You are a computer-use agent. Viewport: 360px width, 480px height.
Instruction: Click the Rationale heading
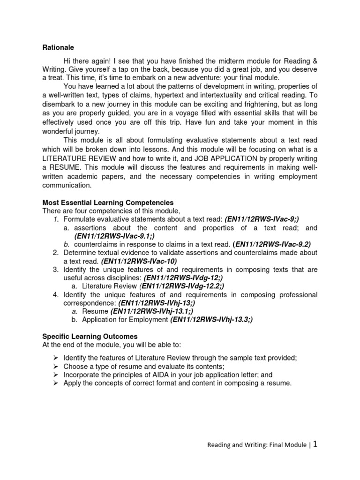[x=58, y=47]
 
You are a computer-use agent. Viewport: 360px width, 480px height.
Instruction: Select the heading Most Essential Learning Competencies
[x=108, y=202]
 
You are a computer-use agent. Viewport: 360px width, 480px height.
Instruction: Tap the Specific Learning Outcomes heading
[x=90, y=337]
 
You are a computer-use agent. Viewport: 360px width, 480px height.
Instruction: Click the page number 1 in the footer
[x=315, y=444]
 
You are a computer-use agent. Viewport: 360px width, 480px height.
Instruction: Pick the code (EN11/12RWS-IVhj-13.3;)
[x=211, y=320]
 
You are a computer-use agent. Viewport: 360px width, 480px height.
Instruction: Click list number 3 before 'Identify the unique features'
[x=55, y=270]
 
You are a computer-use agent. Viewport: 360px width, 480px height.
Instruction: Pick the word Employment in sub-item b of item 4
[x=150, y=320]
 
